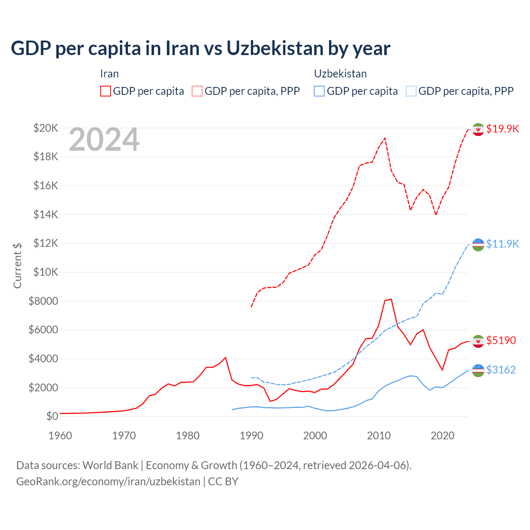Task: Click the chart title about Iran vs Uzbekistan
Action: point(200,48)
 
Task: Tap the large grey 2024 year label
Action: point(104,140)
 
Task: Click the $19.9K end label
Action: point(502,129)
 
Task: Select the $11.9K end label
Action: point(502,244)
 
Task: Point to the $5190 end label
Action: point(501,340)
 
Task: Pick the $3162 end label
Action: point(501,370)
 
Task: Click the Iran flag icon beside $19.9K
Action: point(478,129)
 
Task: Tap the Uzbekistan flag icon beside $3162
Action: point(478,370)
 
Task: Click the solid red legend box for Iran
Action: point(106,91)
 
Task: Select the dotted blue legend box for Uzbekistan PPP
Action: point(411,91)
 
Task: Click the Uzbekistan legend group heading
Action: point(340,74)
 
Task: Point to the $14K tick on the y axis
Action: point(46,214)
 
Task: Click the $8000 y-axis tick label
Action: point(43,301)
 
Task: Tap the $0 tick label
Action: point(52,416)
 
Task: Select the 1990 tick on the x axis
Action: point(251,436)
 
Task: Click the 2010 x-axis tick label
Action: point(379,436)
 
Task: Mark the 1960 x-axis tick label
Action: point(60,436)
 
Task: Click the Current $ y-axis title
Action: point(17,265)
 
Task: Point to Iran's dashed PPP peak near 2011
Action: point(385,138)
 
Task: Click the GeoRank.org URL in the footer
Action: point(108,482)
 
